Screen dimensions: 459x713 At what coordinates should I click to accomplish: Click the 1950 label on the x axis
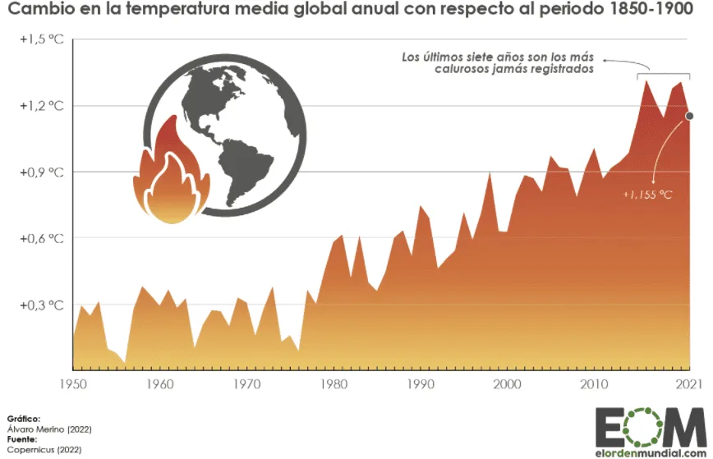73,384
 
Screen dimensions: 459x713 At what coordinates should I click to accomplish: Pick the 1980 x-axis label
332,384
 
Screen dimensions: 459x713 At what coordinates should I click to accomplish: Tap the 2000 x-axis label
506,384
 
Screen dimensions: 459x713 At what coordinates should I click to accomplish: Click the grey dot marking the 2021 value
690,116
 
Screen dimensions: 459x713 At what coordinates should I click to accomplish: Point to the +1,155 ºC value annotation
647,194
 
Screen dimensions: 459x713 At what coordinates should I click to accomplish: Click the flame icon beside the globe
169,177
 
